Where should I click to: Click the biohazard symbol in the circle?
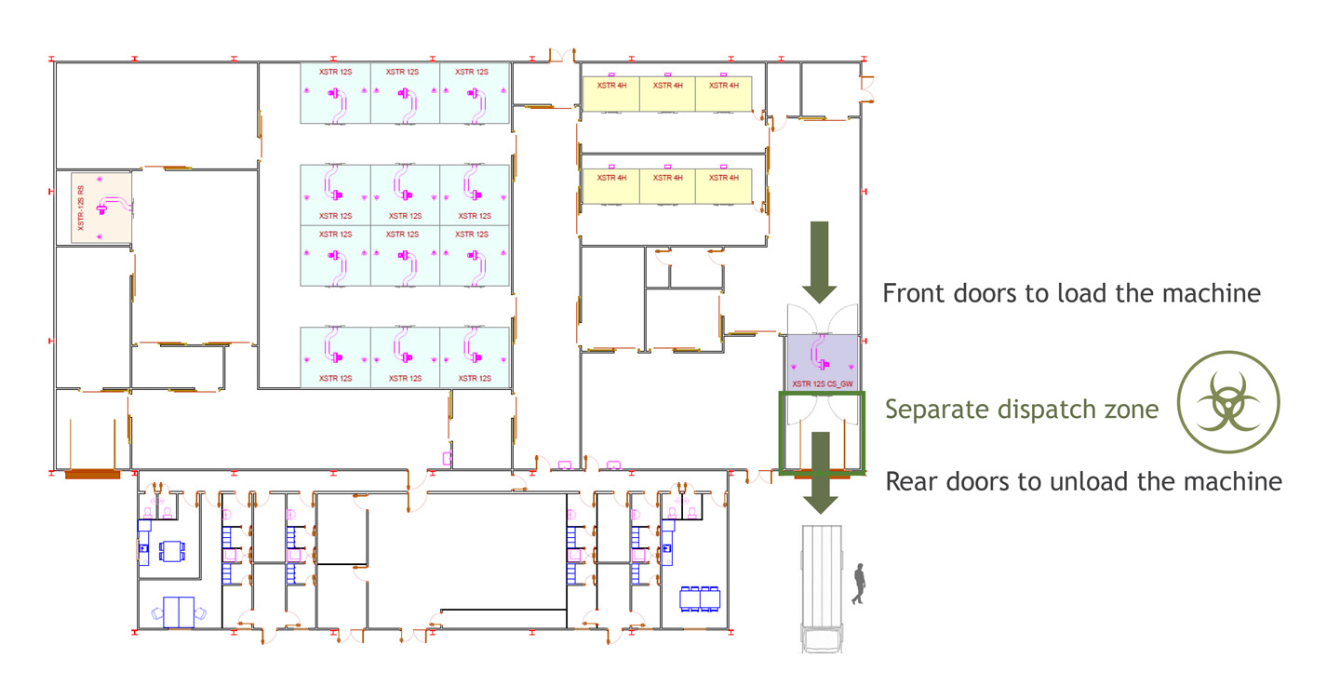tap(1228, 401)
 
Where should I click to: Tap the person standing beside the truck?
tap(859, 584)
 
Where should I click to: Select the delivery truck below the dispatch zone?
tap(822, 589)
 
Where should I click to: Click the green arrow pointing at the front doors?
tap(820, 262)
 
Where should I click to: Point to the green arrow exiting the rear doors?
tap(820, 473)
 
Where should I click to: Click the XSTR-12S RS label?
tap(81, 208)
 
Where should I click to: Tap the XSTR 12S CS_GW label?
tap(823, 383)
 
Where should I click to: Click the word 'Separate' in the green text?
tap(938, 410)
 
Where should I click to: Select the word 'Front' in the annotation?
tap(915, 293)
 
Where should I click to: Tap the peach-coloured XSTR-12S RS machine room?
tap(101, 208)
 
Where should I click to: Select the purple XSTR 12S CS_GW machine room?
tap(823, 363)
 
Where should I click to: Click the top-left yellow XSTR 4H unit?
tap(610, 93)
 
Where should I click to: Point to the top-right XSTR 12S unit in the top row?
tap(475, 93)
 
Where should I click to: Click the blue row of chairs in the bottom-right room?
tap(700, 598)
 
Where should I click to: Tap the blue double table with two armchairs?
tap(179, 612)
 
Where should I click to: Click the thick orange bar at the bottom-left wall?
tap(93, 476)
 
